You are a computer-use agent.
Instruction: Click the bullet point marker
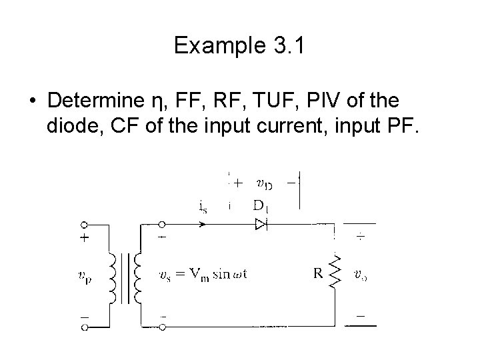(x=32, y=102)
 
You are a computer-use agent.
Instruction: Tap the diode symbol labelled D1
(x=260, y=225)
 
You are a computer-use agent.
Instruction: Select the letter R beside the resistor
(x=319, y=272)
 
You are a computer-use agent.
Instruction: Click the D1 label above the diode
(x=261, y=207)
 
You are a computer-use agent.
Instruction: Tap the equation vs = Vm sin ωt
(x=203, y=273)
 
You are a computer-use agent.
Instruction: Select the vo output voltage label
(x=360, y=273)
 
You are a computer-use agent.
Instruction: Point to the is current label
(x=202, y=207)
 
